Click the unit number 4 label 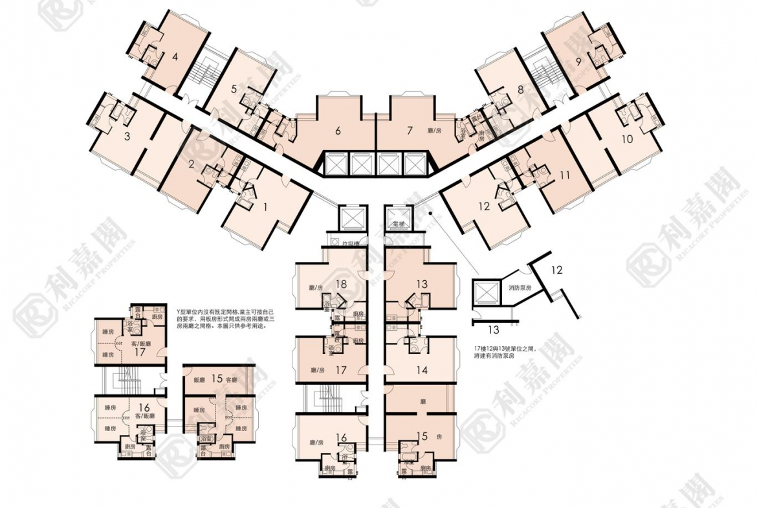pyautogui.click(x=175, y=56)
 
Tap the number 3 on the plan pyautogui.click(x=127, y=137)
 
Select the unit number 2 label pyautogui.click(x=191, y=164)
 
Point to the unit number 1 pyautogui.click(x=264, y=206)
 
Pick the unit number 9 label pyautogui.click(x=578, y=62)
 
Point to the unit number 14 pyautogui.click(x=422, y=371)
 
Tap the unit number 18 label pyautogui.click(x=342, y=283)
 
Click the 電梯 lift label pyautogui.click(x=399, y=223)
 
